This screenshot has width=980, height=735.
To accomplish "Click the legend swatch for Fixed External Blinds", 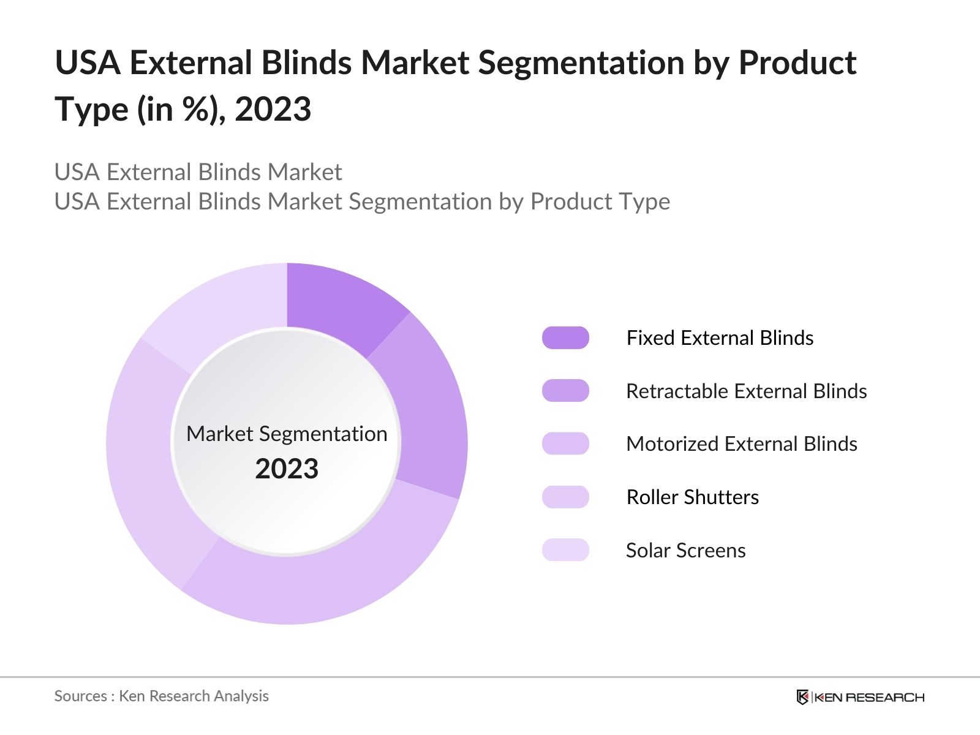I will pos(565,338).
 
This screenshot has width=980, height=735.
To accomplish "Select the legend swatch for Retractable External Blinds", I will pos(565,391).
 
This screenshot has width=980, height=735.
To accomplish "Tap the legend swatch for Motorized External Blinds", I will pos(565,443).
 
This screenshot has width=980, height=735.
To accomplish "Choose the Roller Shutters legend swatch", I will pos(565,497).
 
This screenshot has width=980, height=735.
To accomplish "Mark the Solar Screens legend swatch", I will pos(565,550).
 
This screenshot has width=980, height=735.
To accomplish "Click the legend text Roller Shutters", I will pos(692,497).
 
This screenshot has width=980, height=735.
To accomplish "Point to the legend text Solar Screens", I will pos(685,550).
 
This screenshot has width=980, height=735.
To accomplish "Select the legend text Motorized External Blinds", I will pos(741,443).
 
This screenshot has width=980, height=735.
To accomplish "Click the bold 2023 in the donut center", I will pos(287,469).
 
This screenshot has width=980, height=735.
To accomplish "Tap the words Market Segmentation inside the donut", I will pos(287,434).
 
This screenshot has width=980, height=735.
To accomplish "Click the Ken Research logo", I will pos(860,697).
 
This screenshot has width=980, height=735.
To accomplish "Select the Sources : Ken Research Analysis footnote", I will pos(161,696).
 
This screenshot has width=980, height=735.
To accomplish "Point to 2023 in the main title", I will pos(273,110).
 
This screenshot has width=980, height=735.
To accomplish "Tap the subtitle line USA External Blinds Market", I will pos(198,172).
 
